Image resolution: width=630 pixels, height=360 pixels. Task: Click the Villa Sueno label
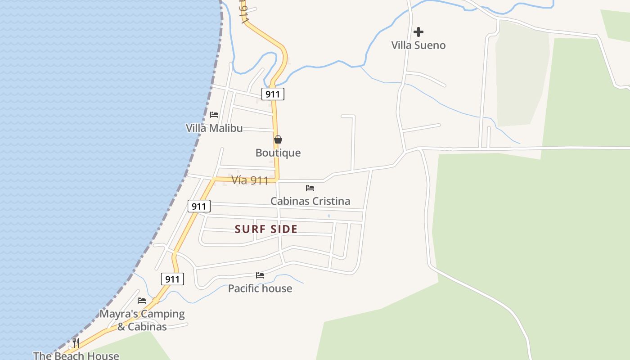pyautogui.click(x=418, y=45)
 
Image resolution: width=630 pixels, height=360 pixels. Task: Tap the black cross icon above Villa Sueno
pyautogui.click(x=418, y=32)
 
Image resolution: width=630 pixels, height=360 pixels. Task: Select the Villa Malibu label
pyautogui.click(x=214, y=128)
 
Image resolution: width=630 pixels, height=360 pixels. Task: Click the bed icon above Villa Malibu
pyautogui.click(x=214, y=115)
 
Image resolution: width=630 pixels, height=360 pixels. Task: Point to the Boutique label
pyautogui.click(x=278, y=153)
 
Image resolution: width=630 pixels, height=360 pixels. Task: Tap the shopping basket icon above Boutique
pyautogui.click(x=278, y=139)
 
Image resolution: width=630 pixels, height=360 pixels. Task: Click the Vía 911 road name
pyautogui.click(x=250, y=180)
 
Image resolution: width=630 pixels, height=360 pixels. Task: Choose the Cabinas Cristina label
pyautogui.click(x=310, y=201)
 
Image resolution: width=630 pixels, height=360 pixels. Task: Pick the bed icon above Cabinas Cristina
pyautogui.click(x=310, y=188)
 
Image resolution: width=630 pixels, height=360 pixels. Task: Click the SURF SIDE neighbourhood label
pyautogui.click(x=266, y=229)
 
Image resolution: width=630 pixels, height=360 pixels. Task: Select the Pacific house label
pyautogui.click(x=260, y=288)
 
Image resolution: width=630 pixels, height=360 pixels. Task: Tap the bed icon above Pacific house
pyautogui.click(x=260, y=275)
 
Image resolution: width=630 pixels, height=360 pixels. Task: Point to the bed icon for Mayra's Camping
pyautogui.click(x=142, y=300)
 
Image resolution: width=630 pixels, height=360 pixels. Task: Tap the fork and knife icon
pyautogui.click(x=76, y=343)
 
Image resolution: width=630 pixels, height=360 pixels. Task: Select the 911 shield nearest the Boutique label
pyautogui.click(x=273, y=94)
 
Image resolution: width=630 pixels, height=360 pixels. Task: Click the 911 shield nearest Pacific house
pyautogui.click(x=172, y=279)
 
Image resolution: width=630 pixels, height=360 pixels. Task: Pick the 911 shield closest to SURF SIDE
pyautogui.click(x=198, y=207)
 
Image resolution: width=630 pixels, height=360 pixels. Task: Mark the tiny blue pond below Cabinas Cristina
pyautogui.click(x=329, y=216)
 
